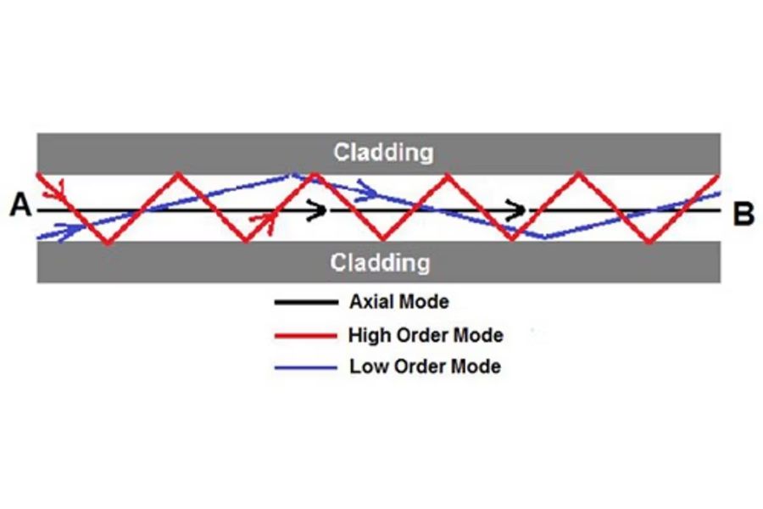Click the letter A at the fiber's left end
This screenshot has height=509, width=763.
[20, 204]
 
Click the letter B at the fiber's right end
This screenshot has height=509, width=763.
[744, 214]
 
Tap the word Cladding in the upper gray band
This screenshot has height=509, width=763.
[383, 152]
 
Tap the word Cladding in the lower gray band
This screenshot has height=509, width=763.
[380, 262]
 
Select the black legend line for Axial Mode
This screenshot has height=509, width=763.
[307, 303]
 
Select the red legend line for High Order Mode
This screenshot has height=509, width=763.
[306, 336]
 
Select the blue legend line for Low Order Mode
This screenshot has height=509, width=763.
[306, 367]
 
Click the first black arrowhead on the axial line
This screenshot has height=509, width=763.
[317, 210]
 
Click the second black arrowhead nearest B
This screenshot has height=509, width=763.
[516, 210]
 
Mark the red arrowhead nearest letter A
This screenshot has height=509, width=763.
[54, 190]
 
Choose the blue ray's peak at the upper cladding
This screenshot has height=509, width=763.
[291, 175]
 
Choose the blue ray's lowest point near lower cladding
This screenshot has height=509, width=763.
[546, 238]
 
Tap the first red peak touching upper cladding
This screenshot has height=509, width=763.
[179, 173]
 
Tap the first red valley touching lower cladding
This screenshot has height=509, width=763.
[108, 242]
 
